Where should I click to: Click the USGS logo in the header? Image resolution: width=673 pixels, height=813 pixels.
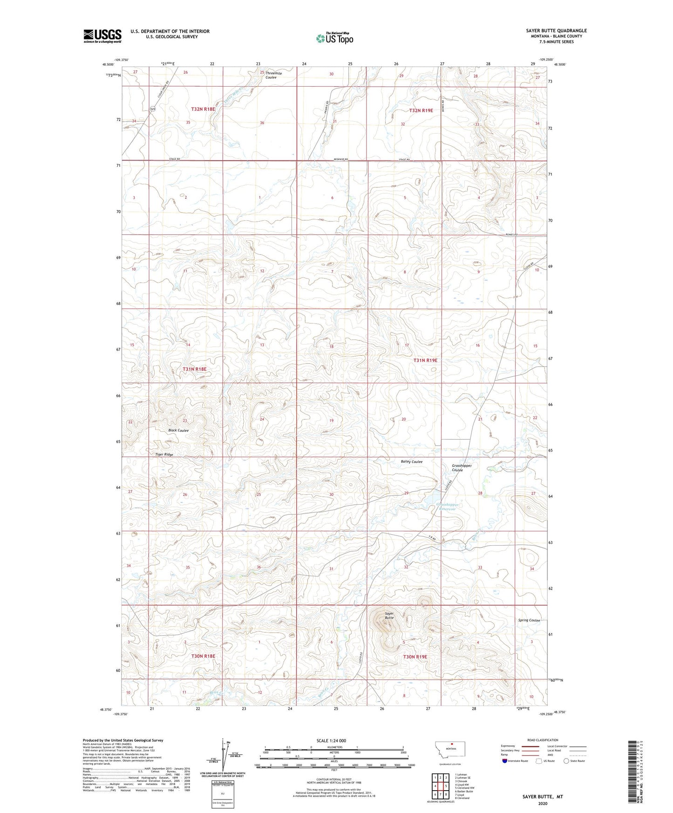pyautogui.click(x=102, y=36)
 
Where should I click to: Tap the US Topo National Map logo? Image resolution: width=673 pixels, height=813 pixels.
pyautogui.click(x=334, y=38)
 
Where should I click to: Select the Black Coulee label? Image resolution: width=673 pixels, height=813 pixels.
pyautogui.click(x=178, y=430)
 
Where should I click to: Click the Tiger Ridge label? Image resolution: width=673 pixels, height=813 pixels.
pyautogui.click(x=164, y=454)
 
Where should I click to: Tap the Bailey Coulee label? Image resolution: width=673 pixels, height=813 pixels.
pyautogui.click(x=411, y=461)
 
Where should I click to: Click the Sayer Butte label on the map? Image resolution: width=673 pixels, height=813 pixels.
pyautogui.click(x=389, y=616)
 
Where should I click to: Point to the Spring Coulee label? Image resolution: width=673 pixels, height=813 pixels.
pyautogui.click(x=529, y=620)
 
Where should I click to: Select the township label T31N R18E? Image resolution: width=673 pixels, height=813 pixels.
pyautogui.click(x=194, y=369)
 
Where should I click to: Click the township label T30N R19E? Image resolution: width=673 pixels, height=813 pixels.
pyautogui.click(x=415, y=657)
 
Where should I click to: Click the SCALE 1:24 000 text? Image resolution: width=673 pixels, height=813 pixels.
pyautogui.click(x=331, y=740)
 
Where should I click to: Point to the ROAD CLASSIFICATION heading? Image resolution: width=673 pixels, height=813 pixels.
pyautogui.click(x=543, y=740)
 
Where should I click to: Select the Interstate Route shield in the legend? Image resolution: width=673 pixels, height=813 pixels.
pyautogui.click(x=505, y=762)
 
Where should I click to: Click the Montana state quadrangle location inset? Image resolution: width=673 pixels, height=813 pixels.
pyautogui.click(x=449, y=752)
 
